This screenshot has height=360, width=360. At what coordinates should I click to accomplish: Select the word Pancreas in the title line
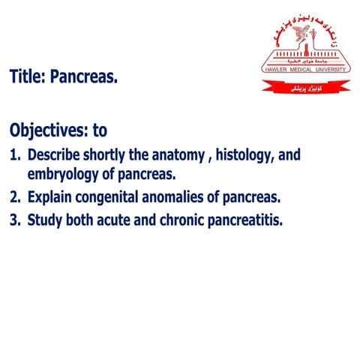coord(84,76)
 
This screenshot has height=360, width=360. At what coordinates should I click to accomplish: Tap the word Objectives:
coord(48,130)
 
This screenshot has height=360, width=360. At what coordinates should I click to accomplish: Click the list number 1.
coord(14,156)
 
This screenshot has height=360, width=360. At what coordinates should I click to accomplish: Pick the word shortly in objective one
coord(112,156)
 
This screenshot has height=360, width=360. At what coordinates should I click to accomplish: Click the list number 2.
coord(14,199)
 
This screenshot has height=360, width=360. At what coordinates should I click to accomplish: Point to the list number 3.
coord(14,221)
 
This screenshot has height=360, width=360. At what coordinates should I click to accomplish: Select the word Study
coord(46,221)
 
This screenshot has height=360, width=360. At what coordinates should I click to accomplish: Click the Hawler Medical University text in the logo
coord(305,68)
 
